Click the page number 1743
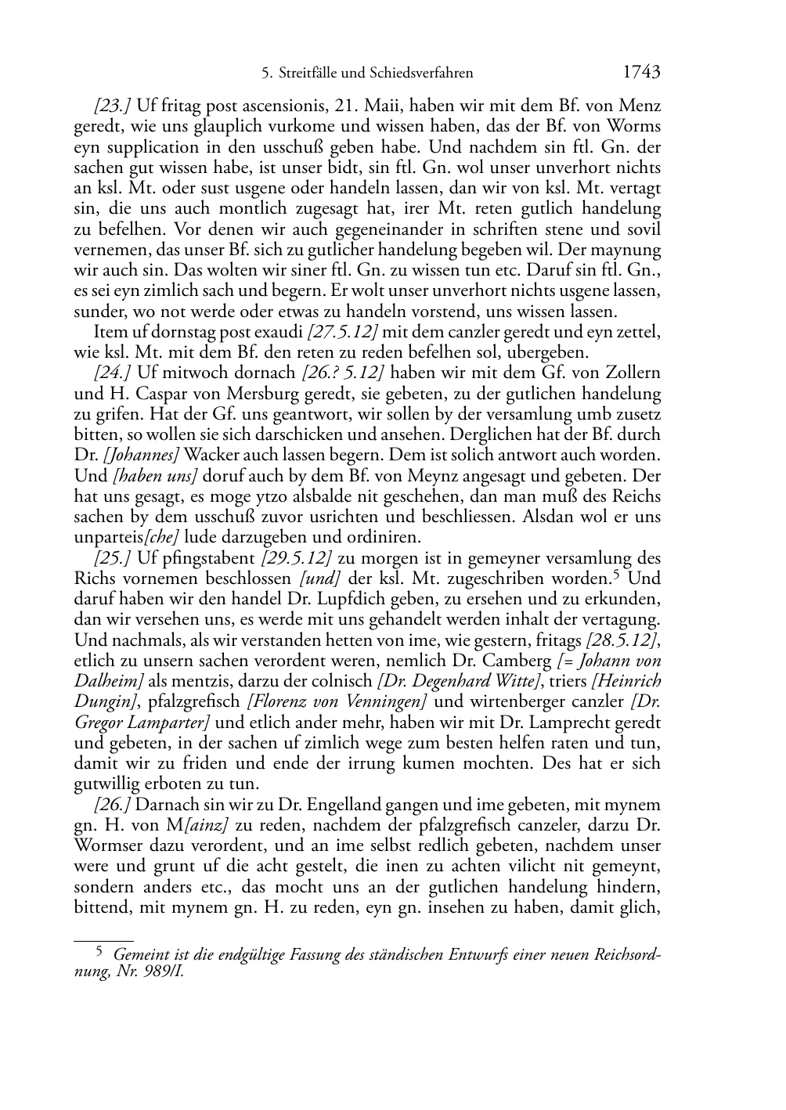click(642, 73)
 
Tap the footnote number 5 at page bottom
click(99, 952)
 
